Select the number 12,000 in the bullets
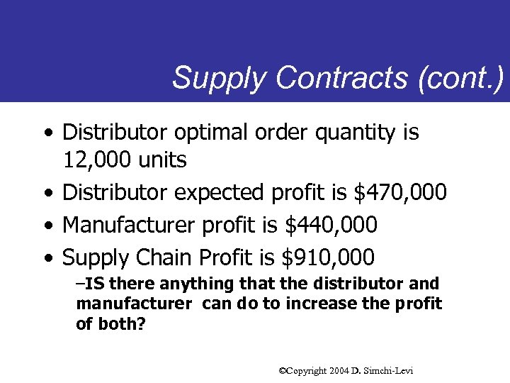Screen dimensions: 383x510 tap(97, 161)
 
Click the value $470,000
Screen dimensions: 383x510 tap(400, 192)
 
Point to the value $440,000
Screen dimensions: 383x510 tap(331, 225)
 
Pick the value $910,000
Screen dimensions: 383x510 tap(328, 257)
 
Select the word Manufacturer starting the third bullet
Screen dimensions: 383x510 tap(130, 225)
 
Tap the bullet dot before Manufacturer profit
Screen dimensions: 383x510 tap(47, 226)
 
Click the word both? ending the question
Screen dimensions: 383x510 tap(120, 324)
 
